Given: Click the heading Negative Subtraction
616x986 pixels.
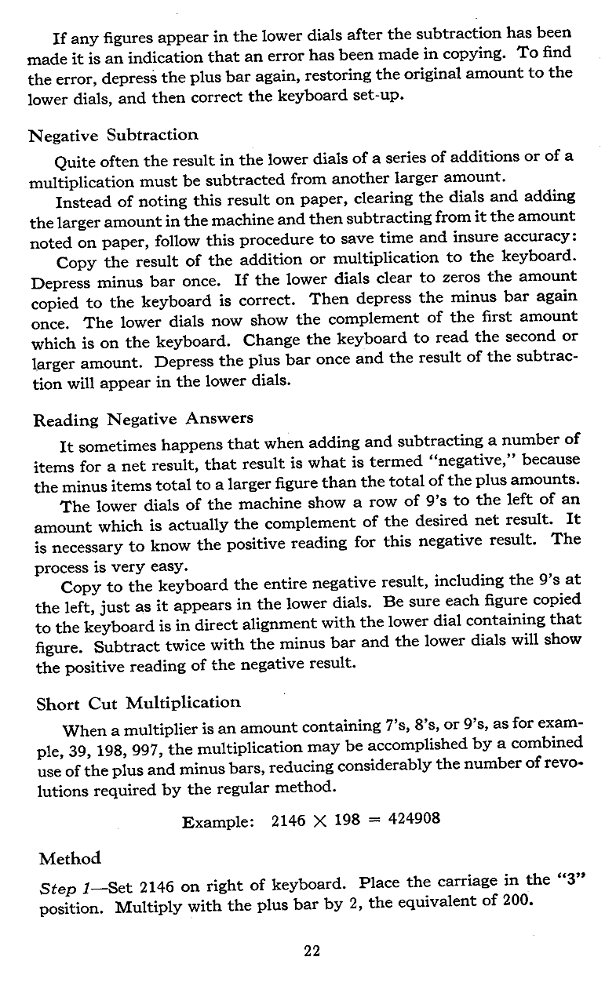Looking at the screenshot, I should tap(113, 135).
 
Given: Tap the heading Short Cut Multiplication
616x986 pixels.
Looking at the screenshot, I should tap(138, 702).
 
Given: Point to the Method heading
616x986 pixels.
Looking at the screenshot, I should tap(70, 858).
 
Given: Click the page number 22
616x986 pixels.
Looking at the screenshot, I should tap(312, 951).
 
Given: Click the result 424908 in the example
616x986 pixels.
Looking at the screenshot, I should tap(414, 820).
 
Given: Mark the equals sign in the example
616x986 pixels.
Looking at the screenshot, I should tap(374, 820).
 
